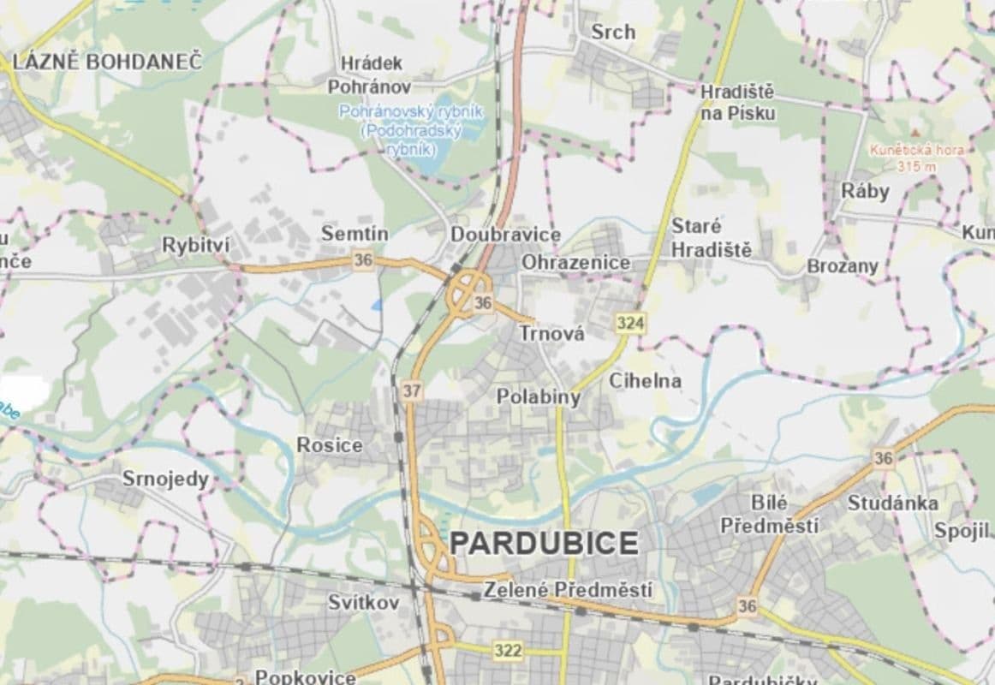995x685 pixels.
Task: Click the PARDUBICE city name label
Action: coord(544,543)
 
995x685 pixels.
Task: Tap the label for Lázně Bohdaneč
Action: coord(106,62)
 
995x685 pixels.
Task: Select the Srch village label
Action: coord(613,32)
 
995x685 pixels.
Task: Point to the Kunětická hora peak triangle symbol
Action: coord(915,133)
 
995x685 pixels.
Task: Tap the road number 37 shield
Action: coord(412,391)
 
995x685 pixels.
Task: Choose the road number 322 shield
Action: coord(508,651)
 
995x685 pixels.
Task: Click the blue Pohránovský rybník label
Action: coord(412,130)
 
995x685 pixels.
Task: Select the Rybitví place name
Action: coord(196,246)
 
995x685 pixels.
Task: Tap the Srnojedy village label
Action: coord(165,479)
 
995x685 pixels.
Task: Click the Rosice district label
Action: coord(329,445)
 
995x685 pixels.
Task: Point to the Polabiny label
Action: coord(539,397)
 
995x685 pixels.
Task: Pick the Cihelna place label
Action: coord(645,381)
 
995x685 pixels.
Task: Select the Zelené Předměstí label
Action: coord(568,590)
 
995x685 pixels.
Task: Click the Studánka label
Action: coord(892,503)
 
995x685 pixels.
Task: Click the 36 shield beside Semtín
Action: coord(363,261)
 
